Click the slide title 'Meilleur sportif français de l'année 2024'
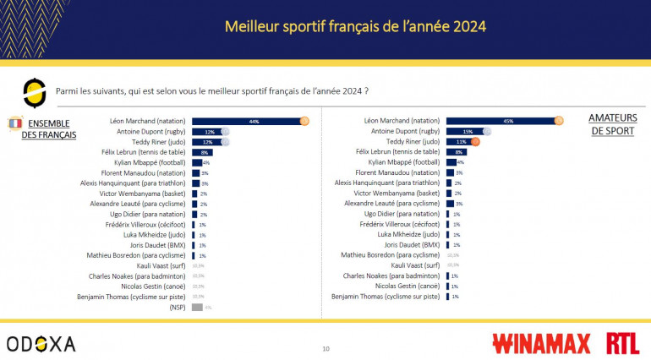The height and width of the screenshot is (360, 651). coord(355,26)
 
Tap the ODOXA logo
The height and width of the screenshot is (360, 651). coord(41,343)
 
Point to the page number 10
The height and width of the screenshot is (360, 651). coord(325,348)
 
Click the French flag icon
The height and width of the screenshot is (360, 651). coord(14,123)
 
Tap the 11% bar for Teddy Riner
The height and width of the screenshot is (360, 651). coord(459,142)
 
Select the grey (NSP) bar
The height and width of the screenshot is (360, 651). coord(197,307)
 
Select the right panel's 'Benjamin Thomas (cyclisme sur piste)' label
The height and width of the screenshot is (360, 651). coord(386,297)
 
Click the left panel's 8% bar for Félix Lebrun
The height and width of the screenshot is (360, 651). coord(202,152)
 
